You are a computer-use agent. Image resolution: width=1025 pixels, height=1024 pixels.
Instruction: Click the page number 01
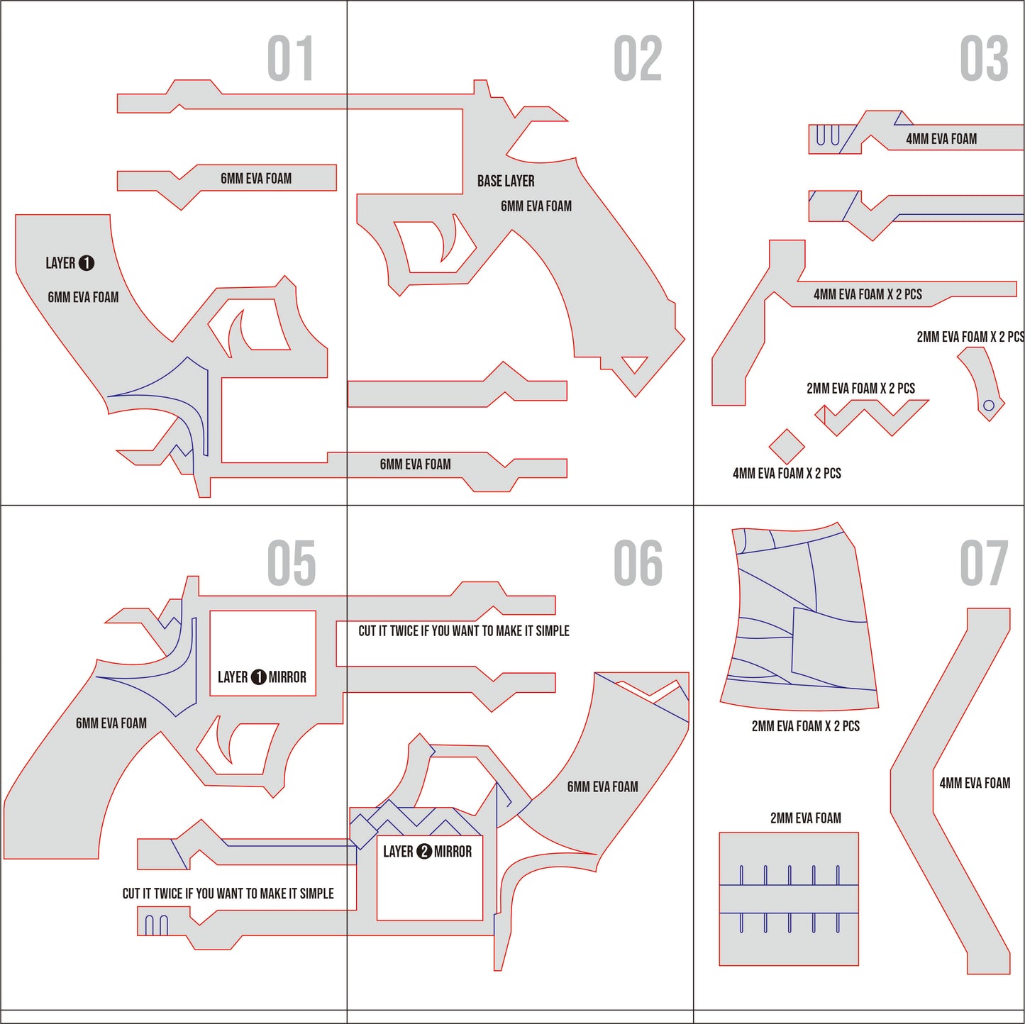(290, 59)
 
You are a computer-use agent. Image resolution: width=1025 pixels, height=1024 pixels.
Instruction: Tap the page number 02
(638, 59)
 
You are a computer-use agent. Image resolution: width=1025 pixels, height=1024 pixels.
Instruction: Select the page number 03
(984, 59)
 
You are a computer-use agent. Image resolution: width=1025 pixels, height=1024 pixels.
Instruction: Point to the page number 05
(291, 563)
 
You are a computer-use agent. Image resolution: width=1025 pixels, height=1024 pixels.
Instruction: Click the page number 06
(638, 563)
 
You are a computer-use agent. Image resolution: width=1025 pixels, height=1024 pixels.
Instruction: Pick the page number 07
(984, 563)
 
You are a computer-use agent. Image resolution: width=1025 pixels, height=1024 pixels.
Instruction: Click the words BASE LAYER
(506, 181)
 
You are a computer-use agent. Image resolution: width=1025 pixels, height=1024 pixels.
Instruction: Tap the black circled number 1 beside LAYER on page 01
(87, 263)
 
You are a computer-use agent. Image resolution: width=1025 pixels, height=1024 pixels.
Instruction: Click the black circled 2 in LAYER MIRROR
(424, 851)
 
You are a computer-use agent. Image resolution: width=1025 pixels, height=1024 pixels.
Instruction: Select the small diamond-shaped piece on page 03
(787, 446)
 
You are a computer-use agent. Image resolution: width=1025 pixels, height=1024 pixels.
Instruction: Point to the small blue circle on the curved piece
(989, 406)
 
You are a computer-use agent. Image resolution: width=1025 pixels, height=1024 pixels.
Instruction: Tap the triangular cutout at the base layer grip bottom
(634, 364)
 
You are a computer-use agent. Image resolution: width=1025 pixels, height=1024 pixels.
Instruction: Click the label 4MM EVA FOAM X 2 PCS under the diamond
(787, 473)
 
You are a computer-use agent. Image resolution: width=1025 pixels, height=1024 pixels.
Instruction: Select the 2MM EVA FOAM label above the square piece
(806, 818)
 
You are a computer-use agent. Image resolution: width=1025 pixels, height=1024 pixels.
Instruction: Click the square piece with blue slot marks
(789, 898)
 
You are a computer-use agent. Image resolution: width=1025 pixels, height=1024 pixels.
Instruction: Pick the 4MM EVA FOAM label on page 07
(975, 783)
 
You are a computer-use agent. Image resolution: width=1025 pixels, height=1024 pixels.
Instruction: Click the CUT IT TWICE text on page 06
(464, 630)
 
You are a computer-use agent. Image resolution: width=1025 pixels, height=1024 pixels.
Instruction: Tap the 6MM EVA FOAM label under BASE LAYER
(536, 206)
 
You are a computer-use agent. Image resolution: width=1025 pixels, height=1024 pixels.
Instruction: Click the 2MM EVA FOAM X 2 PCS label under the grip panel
(806, 726)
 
